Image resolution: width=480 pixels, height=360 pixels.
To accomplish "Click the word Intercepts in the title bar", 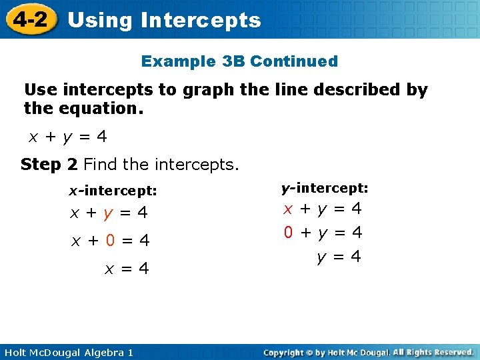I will click(201, 20).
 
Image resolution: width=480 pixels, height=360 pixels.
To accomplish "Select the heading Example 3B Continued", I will click(239, 61).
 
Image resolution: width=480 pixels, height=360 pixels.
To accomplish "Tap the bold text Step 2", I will click(49, 164).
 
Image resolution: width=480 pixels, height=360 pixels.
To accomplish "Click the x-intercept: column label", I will click(113, 191).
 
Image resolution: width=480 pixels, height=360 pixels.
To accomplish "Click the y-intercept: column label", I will click(325, 189).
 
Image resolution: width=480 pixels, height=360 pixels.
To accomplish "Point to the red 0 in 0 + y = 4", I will click(289, 233).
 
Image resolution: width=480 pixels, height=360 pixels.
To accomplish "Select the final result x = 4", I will click(126, 269).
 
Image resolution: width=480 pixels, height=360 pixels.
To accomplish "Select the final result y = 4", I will click(339, 257).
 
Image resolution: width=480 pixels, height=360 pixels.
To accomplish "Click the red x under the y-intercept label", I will click(289, 209).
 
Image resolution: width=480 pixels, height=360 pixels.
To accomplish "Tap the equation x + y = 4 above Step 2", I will click(67, 137).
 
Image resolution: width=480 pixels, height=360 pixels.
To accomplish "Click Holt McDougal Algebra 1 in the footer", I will click(67, 352).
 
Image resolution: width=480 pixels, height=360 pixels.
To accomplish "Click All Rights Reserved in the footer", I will click(433, 352).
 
